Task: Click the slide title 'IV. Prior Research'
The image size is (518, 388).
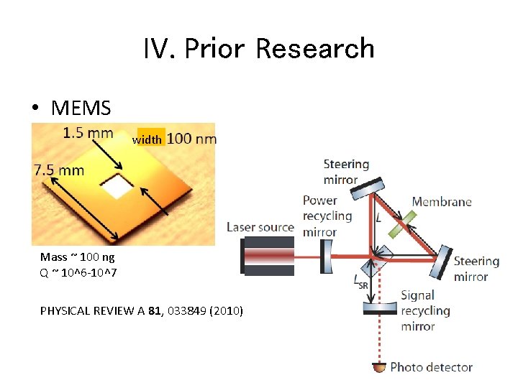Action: click(x=258, y=49)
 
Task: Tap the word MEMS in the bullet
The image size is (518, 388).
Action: click(x=81, y=108)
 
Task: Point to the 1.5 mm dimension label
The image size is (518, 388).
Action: click(x=88, y=133)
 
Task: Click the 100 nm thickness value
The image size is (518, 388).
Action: click(x=191, y=139)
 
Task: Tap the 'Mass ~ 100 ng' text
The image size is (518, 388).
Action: click(x=78, y=257)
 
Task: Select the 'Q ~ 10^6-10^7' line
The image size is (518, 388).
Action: click(x=79, y=272)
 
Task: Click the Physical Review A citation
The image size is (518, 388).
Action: click(x=141, y=310)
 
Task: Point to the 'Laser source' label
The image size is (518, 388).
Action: click(x=260, y=227)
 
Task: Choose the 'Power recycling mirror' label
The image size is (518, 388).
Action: click(x=327, y=216)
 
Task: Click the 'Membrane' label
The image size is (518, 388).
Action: click(x=442, y=202)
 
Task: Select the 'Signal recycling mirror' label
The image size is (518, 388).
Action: click(x=425, y=310)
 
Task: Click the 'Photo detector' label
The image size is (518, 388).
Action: click(x=431, y=367)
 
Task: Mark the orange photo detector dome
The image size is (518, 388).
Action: click(x=379, y=368)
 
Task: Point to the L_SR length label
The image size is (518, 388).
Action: click(x=360, y=280)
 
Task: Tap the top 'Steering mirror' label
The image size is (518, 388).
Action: click(x=346, y=172)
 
